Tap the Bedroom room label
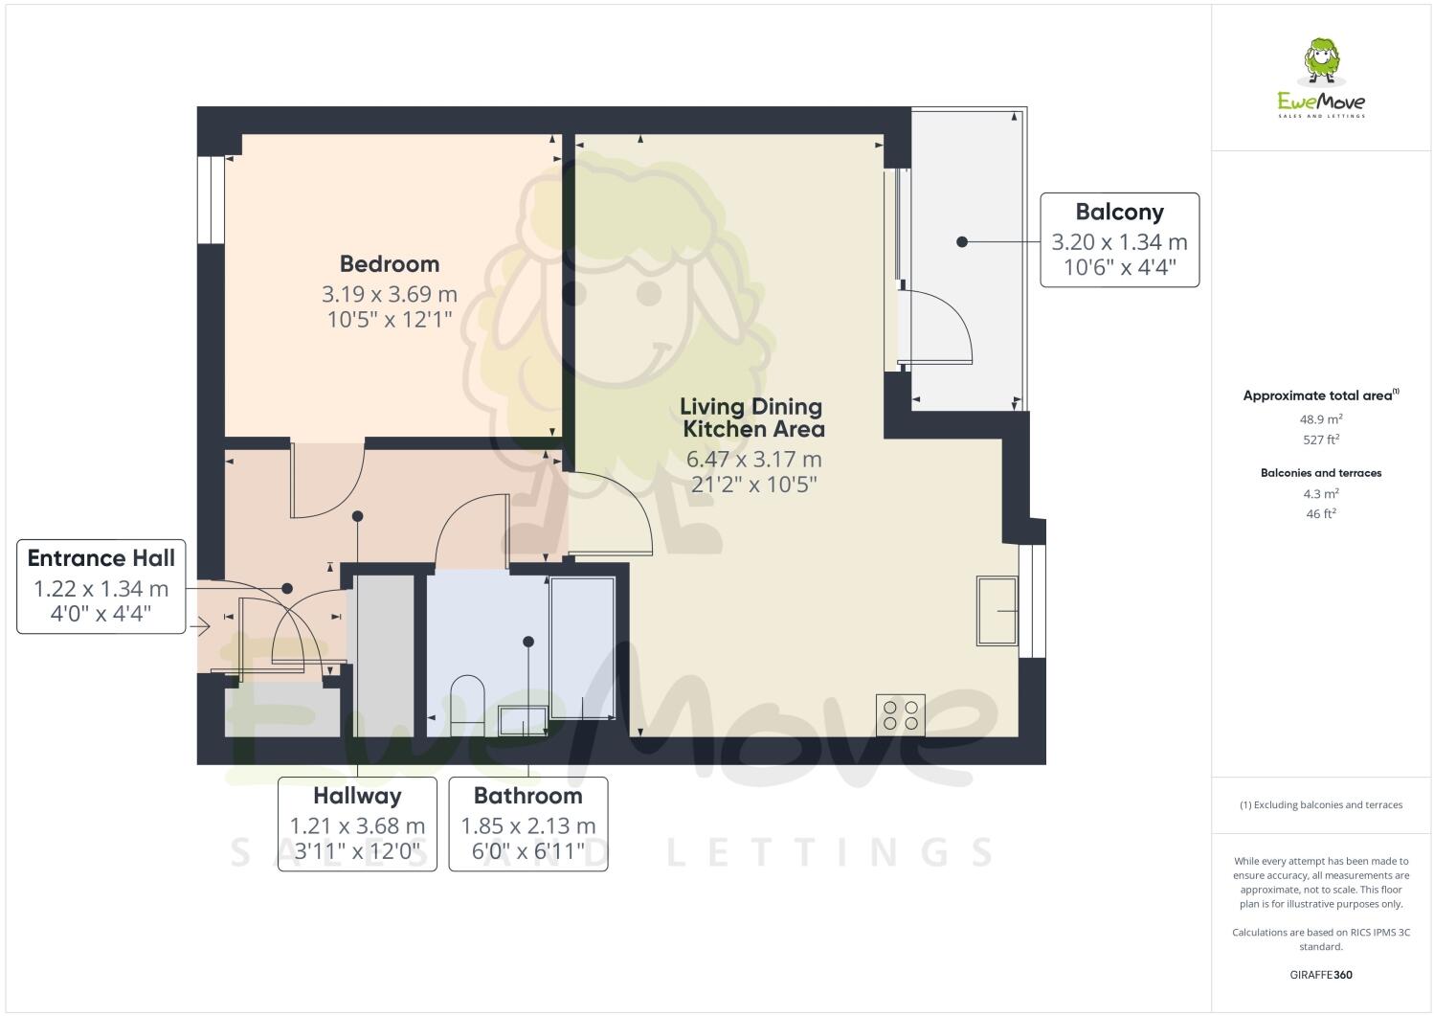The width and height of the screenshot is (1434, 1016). (x=390, y=263)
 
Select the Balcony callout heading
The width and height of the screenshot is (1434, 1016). (x=1119, y=212)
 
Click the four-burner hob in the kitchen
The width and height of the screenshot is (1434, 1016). (x=900, y=714)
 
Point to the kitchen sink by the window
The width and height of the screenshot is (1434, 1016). (x=997, y=610)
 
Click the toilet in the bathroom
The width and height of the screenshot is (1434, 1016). (x=467, y=700)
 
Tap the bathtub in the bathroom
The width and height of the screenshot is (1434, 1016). (x=582, y=646)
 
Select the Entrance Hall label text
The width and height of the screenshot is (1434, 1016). (x=101, y=558)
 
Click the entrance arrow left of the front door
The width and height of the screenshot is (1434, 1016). (x=200, y=627)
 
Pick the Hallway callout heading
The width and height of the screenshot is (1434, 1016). (x=357, y=796)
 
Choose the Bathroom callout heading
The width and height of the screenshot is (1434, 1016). (x=527, y=796)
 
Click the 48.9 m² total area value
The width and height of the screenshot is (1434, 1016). (x=1321, y=418)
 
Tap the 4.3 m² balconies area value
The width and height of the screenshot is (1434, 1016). (x=1321, y=494)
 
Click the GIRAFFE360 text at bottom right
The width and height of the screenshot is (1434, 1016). (x=1321, y=976)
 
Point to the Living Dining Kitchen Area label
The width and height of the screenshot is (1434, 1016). (x=751, y=418)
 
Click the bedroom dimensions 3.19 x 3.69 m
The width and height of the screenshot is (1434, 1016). (x=390, y=294)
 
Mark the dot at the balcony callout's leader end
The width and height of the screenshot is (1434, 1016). (x=962, y=242)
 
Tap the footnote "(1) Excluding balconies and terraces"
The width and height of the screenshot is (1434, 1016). (x=1321, y=804)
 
